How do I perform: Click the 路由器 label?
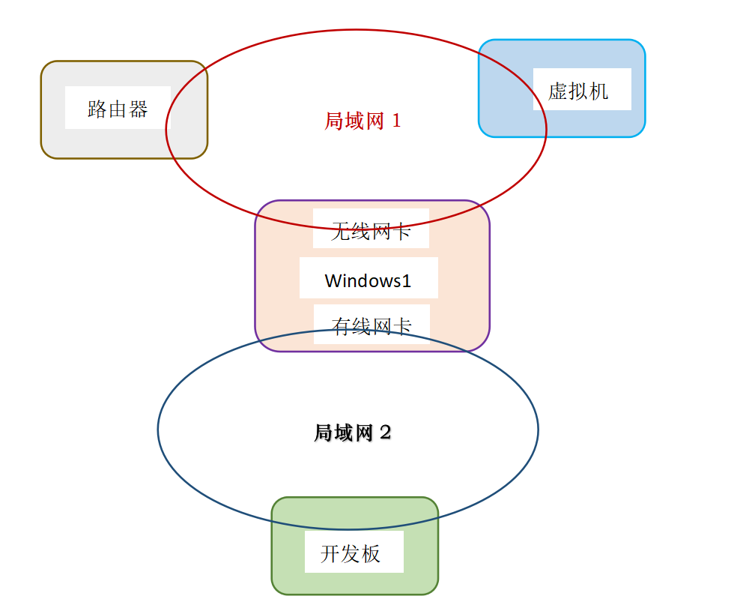[118, 109]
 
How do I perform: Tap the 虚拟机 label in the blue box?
[578, 91]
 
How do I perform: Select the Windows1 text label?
[368, 281]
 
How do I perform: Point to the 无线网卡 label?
[371, 232]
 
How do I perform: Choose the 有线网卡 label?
[372, 326]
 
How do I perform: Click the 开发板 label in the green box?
[351, 554]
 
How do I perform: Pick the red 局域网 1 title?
[363, 121]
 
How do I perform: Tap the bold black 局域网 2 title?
[352, 433]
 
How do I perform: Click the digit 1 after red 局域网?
[396, 121]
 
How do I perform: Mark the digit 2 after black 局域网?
[385, 433]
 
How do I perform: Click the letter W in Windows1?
[333, 281]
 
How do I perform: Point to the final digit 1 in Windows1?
[407, 281]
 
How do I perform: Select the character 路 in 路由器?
[97, 109]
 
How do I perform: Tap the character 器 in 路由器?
[139, 109]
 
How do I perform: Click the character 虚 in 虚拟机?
[558, 91]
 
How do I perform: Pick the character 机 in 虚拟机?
[599, 91]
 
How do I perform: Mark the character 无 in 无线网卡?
[341, 232]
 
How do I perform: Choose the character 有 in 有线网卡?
[342, 326]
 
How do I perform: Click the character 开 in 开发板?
[330, 554]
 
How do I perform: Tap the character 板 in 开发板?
[372, 554]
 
